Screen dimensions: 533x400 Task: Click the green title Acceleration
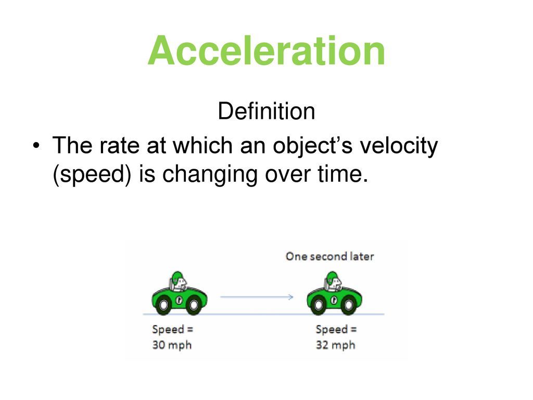tap(266, 51)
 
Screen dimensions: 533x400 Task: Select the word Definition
tap(266, 111)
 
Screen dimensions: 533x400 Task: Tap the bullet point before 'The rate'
tap(36, 146)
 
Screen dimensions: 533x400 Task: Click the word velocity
tap(398, 146)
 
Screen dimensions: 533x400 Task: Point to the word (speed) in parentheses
tap(92, 174)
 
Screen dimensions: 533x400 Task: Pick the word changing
tap(209, 174)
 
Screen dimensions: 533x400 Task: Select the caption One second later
tap(329, 256)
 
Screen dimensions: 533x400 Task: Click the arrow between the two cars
tap(257, 297)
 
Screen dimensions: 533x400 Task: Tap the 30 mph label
tap(172, 345)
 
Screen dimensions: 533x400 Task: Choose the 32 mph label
tap(336, 345)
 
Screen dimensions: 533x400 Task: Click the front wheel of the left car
tap(194, 304)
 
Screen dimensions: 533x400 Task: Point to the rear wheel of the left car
tap(163, 304)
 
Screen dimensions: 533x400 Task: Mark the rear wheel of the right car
tap(319, 304)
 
